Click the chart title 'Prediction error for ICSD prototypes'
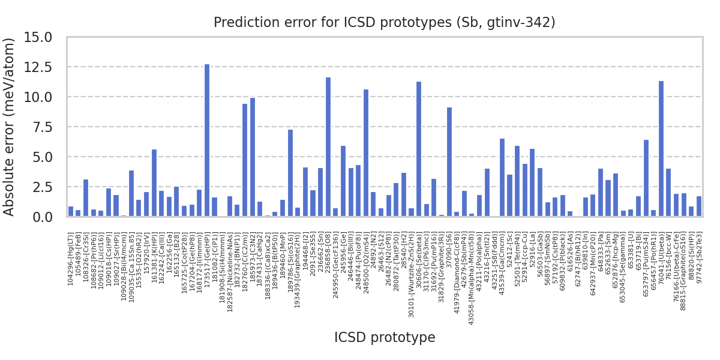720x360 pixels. pos(384,23)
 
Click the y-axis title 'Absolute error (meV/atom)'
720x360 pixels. pos(10,127)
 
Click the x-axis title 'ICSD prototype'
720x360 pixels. pos(384,338)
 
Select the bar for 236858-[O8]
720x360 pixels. pos(328,147)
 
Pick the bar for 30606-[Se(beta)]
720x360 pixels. pos(419,149)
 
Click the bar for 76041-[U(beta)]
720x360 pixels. pos(661,149)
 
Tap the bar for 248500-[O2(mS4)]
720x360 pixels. pos(366,153)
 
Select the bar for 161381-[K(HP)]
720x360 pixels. pos(154,183)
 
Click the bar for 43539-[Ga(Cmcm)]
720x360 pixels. pos(502,178)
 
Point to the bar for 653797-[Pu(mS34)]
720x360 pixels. pos(646,178)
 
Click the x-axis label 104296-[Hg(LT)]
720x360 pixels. pos(71,259)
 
